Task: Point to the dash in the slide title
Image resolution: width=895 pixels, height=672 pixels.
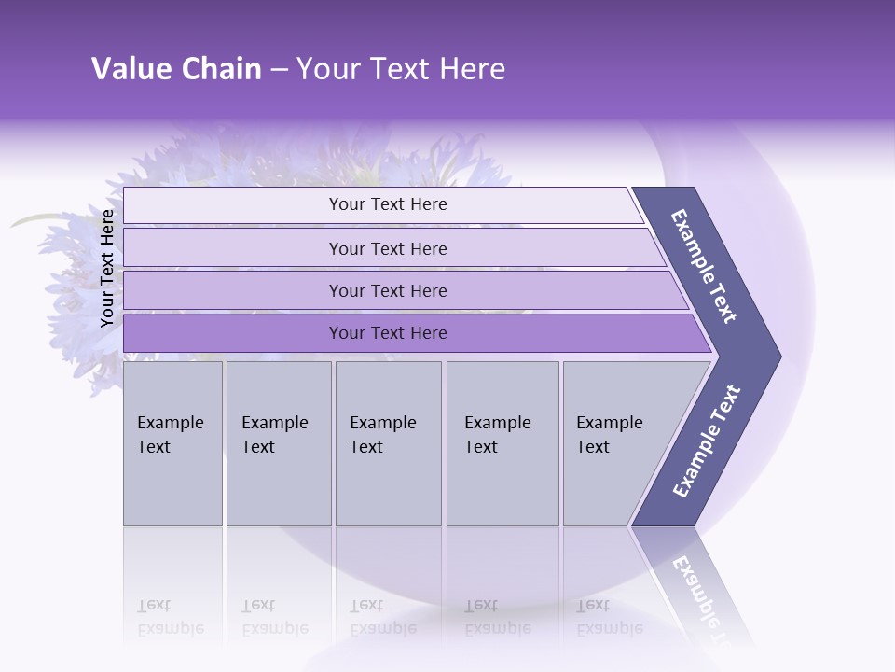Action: click(x=279, y=70)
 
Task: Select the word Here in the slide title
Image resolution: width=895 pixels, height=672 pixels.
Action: click(x=472, y=69)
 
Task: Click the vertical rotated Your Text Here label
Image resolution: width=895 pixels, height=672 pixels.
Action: click(x=107, y=268)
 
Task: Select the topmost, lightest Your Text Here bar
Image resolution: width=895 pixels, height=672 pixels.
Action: click(x=387, y=204)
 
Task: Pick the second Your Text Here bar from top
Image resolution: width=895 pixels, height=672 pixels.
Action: click(x=387, y=248)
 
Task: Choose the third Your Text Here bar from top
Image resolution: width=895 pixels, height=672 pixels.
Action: click(x=387, y=290)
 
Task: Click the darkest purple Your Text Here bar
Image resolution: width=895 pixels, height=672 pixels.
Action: click(x=387, y=333)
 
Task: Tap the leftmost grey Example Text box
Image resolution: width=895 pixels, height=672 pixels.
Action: click(x=172, y=443)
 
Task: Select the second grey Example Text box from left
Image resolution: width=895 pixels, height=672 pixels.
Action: click(x=278, y=443)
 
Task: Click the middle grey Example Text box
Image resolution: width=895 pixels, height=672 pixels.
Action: click(x=388, y=443)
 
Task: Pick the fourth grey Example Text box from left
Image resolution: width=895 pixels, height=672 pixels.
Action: click(x=502, y=443)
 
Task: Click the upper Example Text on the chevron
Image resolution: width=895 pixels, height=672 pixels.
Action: click(x=704, y=266)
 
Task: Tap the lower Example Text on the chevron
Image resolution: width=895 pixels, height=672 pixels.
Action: click(x=706, y=441)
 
